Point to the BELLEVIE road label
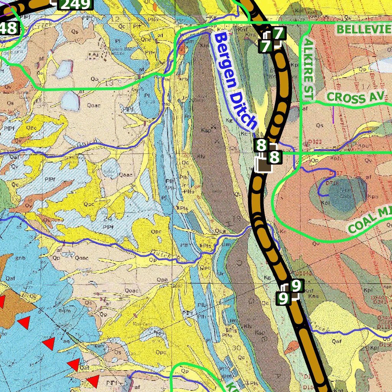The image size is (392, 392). pos(364,29)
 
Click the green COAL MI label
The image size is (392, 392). pos(370,221)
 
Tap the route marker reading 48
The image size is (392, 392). pos(8,28)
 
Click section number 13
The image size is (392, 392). pos(109,83)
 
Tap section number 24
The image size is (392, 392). pos(109,219)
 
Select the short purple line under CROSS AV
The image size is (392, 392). pos(333,114)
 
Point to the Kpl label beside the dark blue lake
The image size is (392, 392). pos(326,203)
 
